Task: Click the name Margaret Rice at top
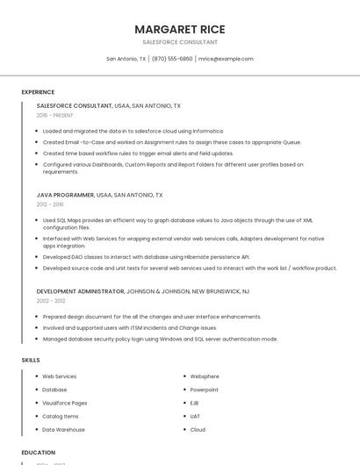(180, 29)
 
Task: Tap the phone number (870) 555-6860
(172, 59)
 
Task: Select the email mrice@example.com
(226, 59)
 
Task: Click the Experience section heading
(38, 91)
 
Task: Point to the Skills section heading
(31, 360)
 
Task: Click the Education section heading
(38, 452)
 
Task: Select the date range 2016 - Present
(55, 115)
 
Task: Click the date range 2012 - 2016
(50, 204)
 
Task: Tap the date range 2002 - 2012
(50, 300)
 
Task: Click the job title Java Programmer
(65, 195)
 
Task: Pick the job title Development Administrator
(80, 290)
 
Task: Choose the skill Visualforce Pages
(65, 403)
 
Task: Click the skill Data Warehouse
(64, 429)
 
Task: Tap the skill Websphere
(205, 376)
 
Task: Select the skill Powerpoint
(205, 390)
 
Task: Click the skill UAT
(195, 416)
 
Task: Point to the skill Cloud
(198, 429)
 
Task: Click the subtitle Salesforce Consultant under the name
(180, 42)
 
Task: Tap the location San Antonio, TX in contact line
(126, 59)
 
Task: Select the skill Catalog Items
(61, 416)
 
